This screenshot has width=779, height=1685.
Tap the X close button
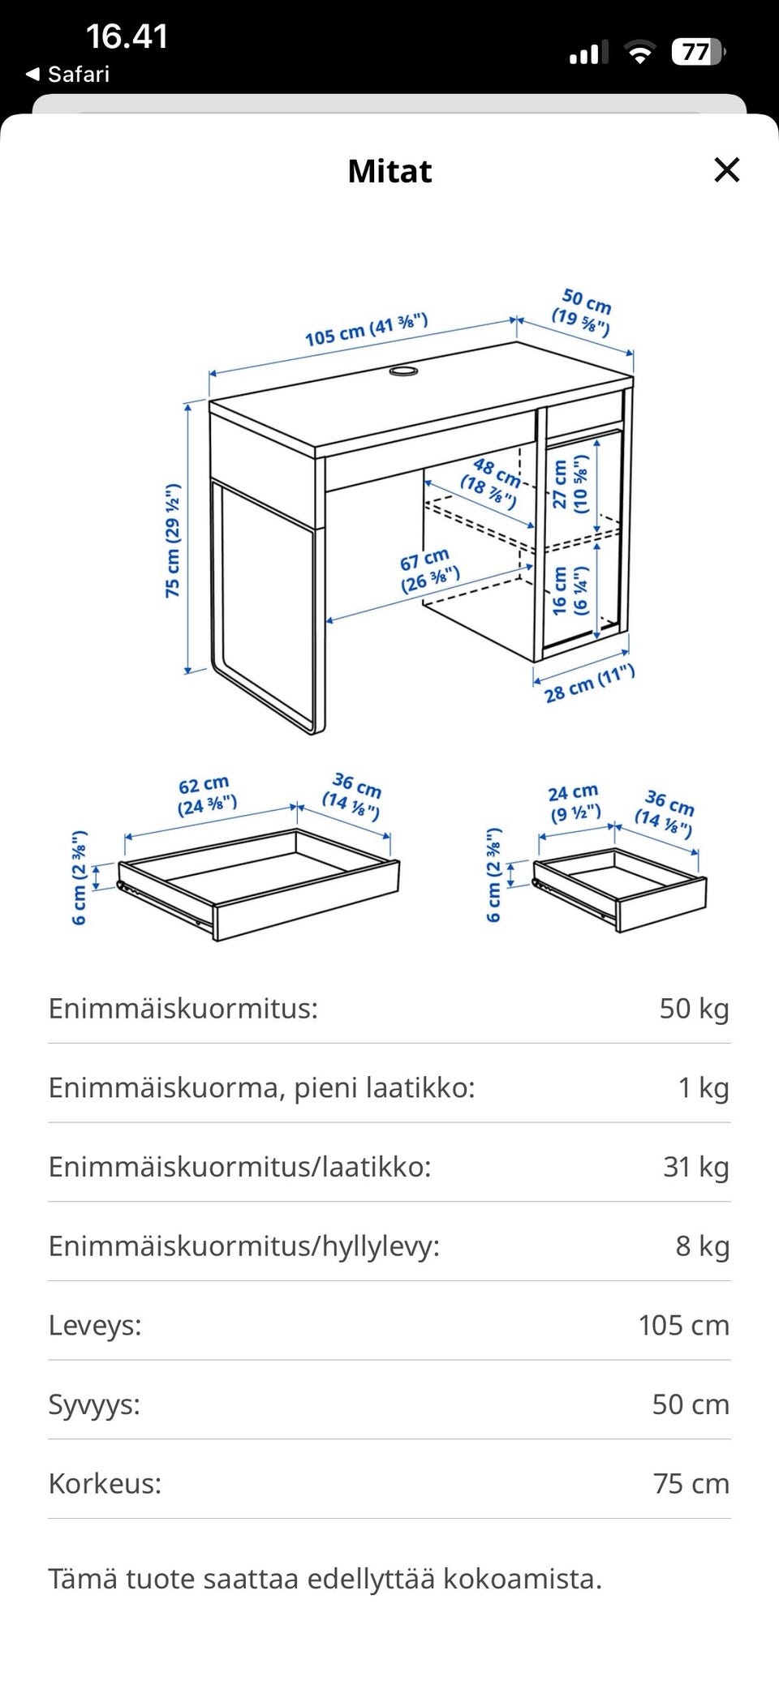[726, 170]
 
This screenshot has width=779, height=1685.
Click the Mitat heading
[389, 171]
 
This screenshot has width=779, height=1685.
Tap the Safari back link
[68, 75]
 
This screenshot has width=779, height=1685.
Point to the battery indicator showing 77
[698, 53]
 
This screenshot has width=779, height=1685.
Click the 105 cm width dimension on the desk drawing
[367, 329]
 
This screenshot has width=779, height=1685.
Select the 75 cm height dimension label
[172, 541]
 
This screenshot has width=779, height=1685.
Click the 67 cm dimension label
[429, 569]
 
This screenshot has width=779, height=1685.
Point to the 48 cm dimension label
[490, 482]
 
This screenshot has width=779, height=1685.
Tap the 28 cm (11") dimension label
[589, 684]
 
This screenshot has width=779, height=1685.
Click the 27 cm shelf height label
[570, 484]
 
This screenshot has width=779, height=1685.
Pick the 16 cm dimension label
[570, 590]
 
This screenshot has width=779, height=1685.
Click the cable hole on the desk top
[403, 371]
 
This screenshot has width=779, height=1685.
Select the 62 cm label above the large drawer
[206, 795]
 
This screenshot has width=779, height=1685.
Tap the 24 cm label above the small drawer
[575, 802]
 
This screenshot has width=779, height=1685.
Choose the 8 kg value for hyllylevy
[703, 1246]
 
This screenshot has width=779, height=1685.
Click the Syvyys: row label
[94, 1404]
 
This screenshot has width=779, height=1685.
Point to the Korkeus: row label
[105, 1483]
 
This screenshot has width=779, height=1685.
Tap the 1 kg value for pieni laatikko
[704, 1087]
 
